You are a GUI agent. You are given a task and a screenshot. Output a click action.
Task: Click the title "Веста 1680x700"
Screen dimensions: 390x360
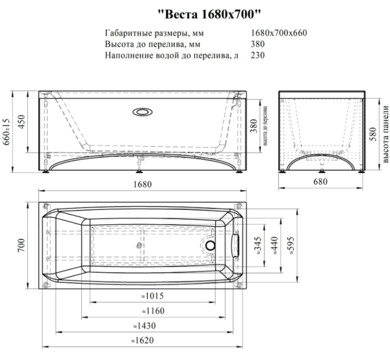tap(210, 14)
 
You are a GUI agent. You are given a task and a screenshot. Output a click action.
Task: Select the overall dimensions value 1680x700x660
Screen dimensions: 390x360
tap(279, 33)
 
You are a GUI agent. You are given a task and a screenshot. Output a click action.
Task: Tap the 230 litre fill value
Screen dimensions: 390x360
tap(257, 55)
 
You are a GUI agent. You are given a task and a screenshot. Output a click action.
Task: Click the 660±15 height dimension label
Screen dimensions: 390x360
tap(6, 132)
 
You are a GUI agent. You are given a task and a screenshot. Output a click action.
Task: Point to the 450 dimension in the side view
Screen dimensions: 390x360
tap(22, 122)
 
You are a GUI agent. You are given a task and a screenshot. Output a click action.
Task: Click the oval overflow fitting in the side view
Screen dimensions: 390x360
tap(142, 112)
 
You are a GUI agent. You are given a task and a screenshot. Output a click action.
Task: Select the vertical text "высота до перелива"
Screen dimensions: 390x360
tap(265, 126)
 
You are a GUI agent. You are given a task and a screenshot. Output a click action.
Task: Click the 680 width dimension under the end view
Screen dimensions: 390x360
tap(320, 182)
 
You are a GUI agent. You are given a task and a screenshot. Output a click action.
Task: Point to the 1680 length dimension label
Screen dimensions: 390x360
tap(142, 185)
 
